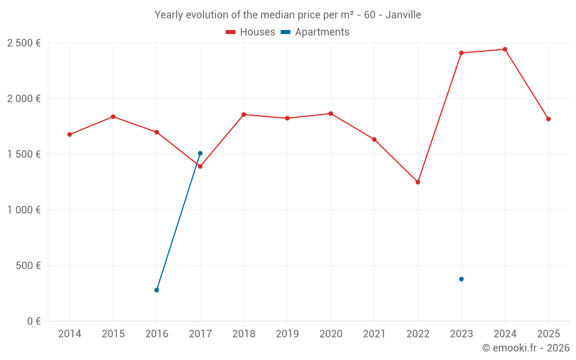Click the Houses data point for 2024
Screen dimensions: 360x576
pos(505,50)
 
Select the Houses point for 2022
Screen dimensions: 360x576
pos(418,182)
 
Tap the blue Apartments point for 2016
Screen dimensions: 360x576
pos(157,290)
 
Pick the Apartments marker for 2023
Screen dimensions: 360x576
pos(461,279)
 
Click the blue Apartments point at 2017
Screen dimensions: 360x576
pos(200,153)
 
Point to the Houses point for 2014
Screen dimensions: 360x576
pos(70,135)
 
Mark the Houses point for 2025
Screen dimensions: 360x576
pos(548,119)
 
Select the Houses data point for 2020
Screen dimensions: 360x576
pos(331,113)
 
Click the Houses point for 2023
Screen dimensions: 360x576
pos(461,53)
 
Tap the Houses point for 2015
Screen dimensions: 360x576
pos(113,117)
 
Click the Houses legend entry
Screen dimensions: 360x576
pos(251,32)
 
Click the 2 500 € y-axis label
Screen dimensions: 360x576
pos(24,43)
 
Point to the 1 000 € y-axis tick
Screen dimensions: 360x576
pos(24,210)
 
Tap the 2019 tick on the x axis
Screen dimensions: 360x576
pos(287,334)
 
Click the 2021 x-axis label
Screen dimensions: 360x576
pos(374,334)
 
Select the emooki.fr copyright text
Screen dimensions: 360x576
pos(525,348)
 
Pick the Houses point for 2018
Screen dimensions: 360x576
pos(244,115)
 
